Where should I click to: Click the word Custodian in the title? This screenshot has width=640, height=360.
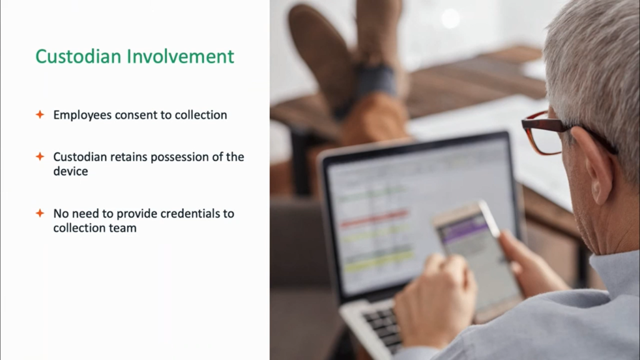pyautogui.click(x=78, y=56)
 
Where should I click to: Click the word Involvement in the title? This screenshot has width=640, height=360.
pyautogui.click(x=181, y=56)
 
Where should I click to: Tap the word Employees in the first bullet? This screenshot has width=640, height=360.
pyautogui.click(x=82, y=116)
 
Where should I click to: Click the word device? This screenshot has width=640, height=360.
pyautogui.click(x=71, y=171)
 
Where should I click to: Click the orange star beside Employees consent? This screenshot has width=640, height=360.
pyautogui.click(x=40, y=114)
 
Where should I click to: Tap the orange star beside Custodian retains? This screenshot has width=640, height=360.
pyautogui.click(x=40, y=156)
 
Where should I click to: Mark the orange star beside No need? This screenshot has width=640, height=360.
pyautogui.click(x=40, y=213)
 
